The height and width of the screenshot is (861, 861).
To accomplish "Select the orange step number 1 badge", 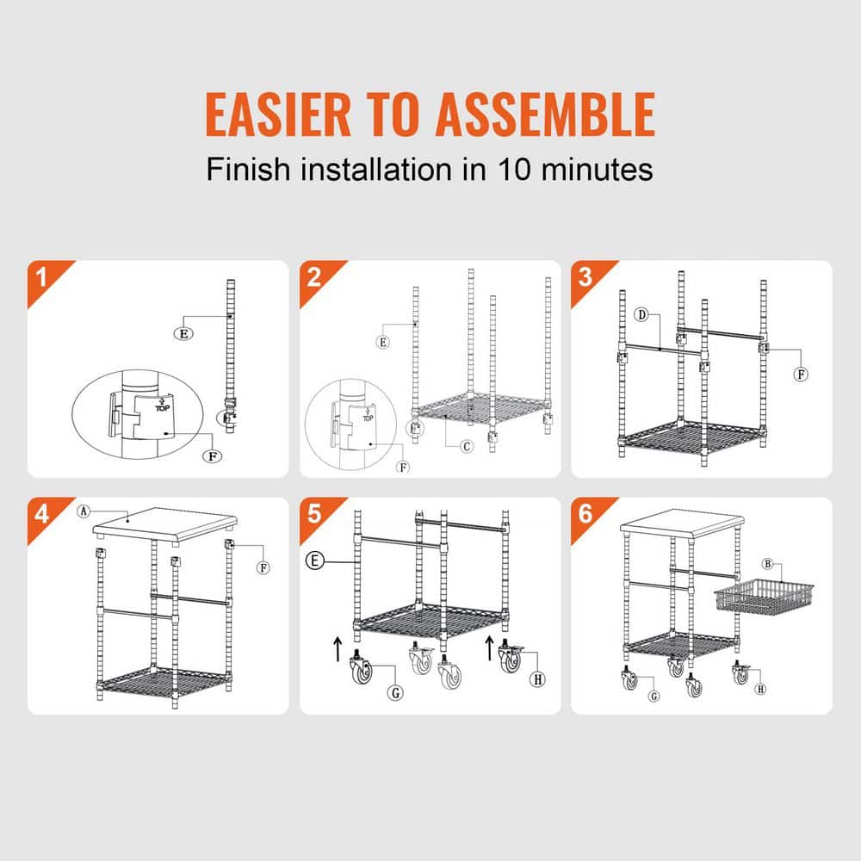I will coord(40,277).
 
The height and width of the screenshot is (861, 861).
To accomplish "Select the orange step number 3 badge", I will coord(585,277).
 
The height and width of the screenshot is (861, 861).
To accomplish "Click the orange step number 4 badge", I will coord(40,515).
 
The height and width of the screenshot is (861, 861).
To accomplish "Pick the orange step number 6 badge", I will coord(585,515).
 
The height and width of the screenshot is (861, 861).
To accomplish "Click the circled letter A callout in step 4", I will coord(84,511).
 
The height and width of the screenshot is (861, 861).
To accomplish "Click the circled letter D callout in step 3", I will coord(641,315).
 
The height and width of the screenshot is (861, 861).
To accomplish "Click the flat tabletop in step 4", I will coord(164,523).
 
